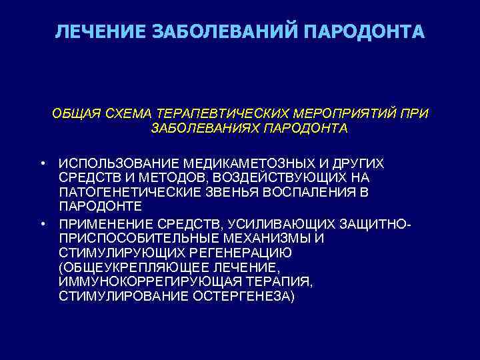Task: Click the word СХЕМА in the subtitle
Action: tap(127, 114)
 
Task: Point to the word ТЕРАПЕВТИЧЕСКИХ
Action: tap(221, 114)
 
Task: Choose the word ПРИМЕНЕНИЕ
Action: tap(106, 222)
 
